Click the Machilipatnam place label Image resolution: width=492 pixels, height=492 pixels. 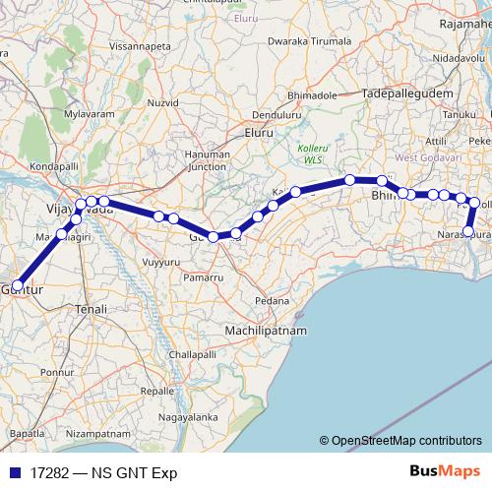pos(265,332)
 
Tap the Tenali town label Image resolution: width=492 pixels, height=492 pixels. pos(91,309)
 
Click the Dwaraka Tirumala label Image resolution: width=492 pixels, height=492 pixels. pos(308,41)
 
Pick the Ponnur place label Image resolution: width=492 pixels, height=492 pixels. pos(58,373)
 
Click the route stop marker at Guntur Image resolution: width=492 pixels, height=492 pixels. pos(18,285)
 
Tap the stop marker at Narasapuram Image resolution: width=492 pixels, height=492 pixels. pos(469,232)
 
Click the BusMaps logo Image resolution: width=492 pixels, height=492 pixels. pos(444,472)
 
